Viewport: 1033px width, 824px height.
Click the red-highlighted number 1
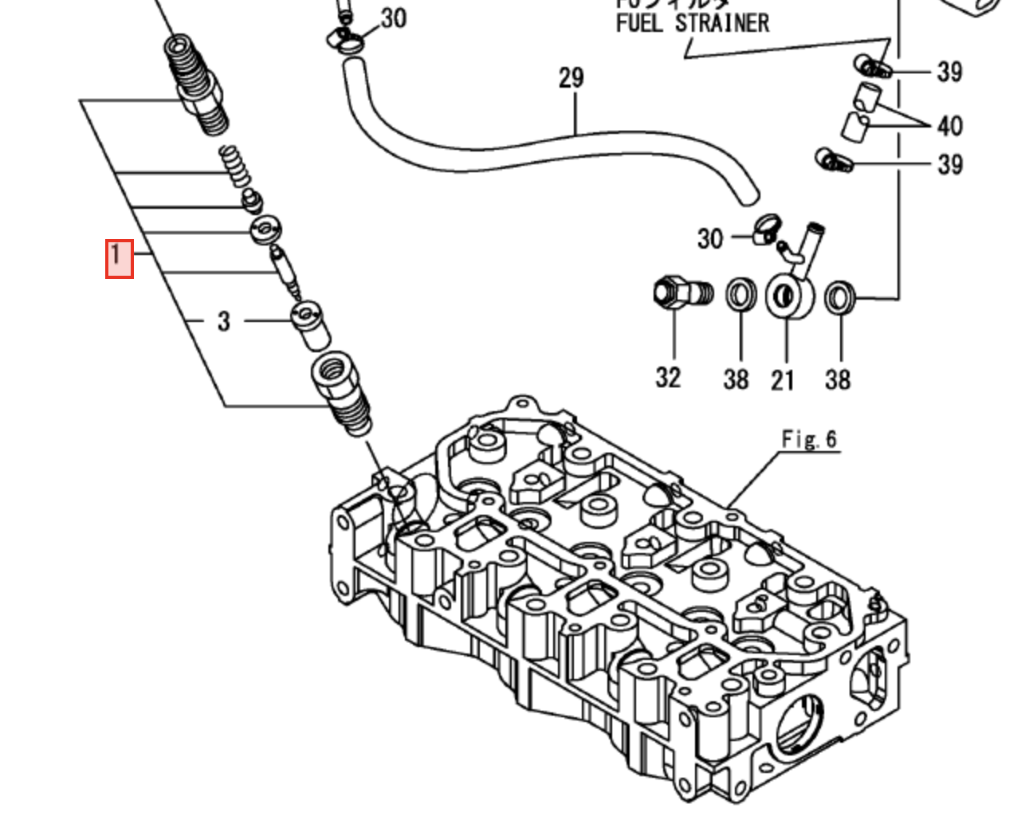pyautogui.click(x=119, y=258)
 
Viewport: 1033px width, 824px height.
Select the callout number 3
pyautogui.click(x=223, y=321)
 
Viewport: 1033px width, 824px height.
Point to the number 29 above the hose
pyautogui.click(x=571, y=78)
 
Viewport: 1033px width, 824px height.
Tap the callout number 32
pyautogui.click(x=668, y=377)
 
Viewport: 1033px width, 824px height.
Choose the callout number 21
pyautogui.click(x=783, y=380)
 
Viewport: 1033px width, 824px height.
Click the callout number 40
pyautogui.click(x=949, y=126)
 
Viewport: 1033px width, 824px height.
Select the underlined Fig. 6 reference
pyautogui.click(x=808, y=439)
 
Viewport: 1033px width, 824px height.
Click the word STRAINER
pyautogui.click(x=722, y=23)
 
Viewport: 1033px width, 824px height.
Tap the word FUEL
pyautogui.click(x=639, y=23)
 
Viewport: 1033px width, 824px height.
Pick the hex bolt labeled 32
pyautogui.click(x=678, y=293)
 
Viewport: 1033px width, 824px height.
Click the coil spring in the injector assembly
pyautogui.click(x=233, y=166)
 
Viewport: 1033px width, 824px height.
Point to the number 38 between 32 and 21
pyautogui.click(x=736, y=379)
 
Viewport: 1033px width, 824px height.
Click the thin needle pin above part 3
pyautogui.click(x=285, y=269)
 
